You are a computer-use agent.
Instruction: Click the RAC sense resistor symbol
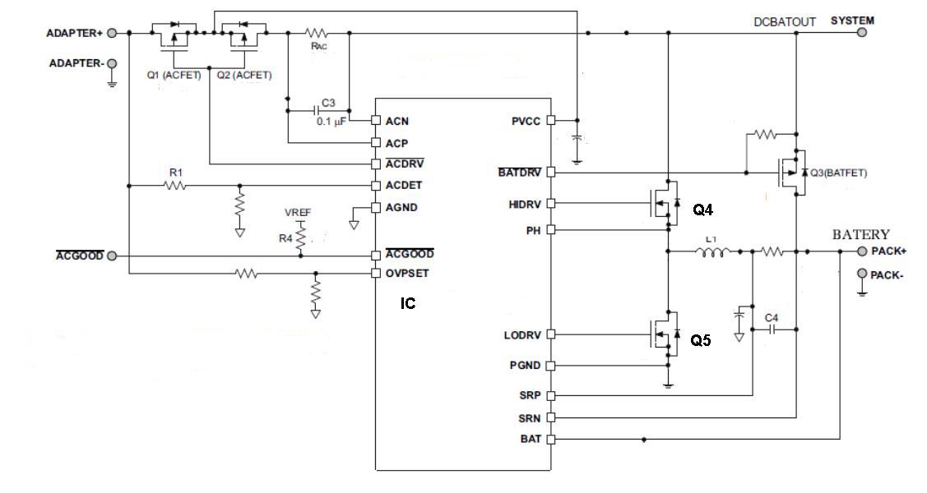point(317,34)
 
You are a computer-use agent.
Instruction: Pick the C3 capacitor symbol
point(319,108)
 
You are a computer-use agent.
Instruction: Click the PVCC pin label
point(526,121)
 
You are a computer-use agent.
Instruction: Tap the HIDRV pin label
point(525,202)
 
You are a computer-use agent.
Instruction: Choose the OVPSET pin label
point(407,272)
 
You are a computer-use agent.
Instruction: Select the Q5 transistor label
point(701,341)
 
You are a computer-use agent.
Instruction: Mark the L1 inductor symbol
point(712,251)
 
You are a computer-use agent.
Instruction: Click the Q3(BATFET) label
point(838,173)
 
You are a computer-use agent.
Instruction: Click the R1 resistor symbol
point(175,186)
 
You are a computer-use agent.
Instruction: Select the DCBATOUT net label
point(784,22)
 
